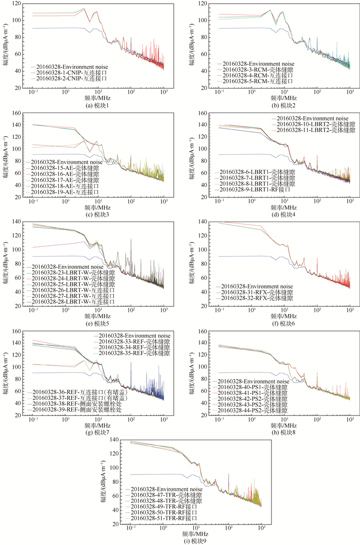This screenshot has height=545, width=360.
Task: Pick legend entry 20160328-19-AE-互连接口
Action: pyautogui.click(x=68, y=192)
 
